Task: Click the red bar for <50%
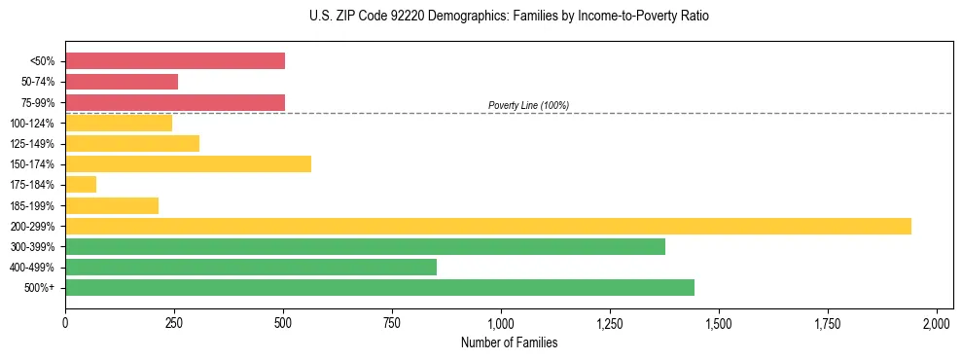(175, 61)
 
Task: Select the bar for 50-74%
(122, 82)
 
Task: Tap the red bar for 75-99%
(175, 102)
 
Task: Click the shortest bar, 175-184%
(81, 184)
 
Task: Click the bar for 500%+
(379, 287)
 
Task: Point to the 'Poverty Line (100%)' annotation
(528, 105)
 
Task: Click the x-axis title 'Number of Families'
(509, 342)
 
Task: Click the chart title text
(481, 17)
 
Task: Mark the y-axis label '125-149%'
(34, 144)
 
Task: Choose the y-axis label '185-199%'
(34, 205)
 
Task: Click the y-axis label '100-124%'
(34, 124)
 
